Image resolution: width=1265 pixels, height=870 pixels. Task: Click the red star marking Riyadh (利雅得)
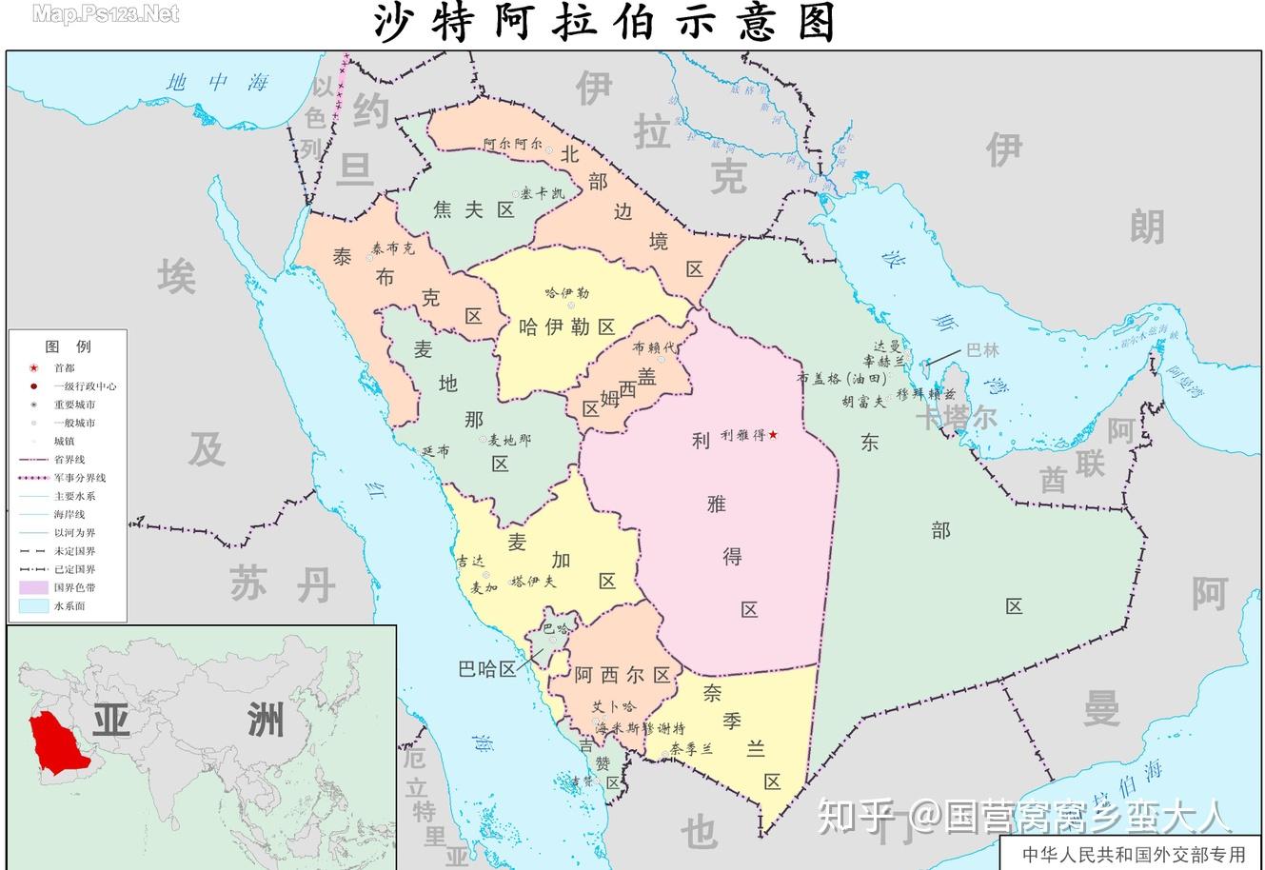pyautogui.click(x=773, y=435)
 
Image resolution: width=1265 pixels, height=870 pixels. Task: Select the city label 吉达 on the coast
pyautogui.click(x=469, y=562)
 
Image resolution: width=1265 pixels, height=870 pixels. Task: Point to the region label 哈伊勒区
pyautogui.click(x=567, y=327)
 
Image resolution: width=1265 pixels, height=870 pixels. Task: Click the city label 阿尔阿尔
pyautogui.click(x=512, y=146)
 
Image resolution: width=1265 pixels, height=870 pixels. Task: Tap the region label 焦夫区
pyautogui.click(x=474, y=210)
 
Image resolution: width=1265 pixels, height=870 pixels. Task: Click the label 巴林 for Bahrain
pyautogui.click(x=982, y=349)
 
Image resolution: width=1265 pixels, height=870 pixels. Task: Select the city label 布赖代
pyautogui.click(x=653, y=347)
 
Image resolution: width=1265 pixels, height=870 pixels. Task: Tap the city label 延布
pyautogui.click(x=435, y=451)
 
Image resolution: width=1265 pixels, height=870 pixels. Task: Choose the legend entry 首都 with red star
pyautogui.click(x=64, y=367)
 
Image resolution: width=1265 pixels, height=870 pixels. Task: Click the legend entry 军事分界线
pyautogui.click(x=79, y=478)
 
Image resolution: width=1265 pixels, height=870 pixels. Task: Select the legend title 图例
pyautogui.click(x=68, y=346)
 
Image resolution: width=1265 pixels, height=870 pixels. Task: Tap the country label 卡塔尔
pyautogui.click(x=956, y=417)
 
